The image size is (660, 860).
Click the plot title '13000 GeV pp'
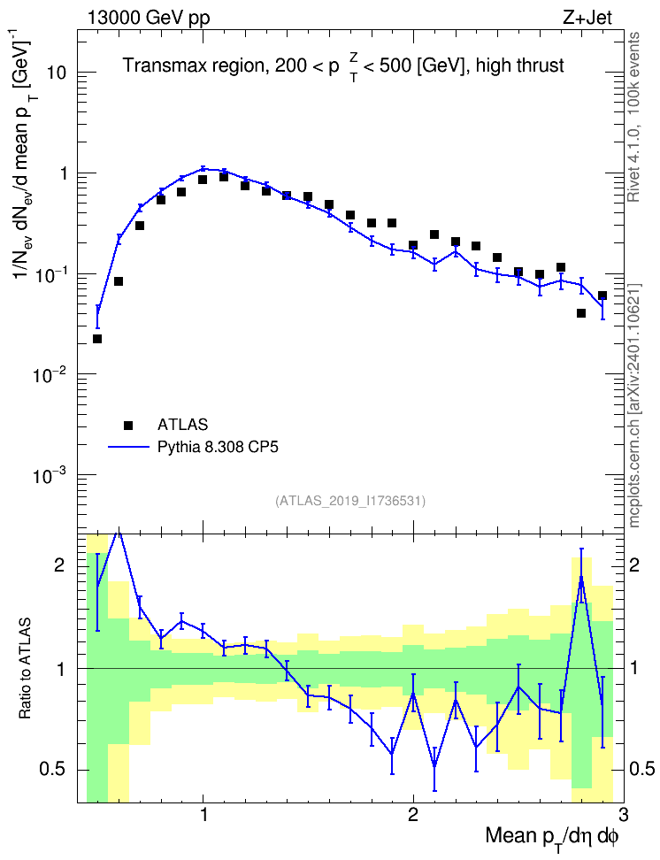click(148, 18)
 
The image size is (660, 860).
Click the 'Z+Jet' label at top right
click(587, 18)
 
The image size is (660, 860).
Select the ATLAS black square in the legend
click(128, 425)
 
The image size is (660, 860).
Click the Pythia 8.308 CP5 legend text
click(218, 447)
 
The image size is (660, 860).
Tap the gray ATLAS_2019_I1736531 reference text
click(350, 500)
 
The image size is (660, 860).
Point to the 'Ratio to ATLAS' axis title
click(25, 668)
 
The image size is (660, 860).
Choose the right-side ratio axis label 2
click(634, 565)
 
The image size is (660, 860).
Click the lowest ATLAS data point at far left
click(97, 339)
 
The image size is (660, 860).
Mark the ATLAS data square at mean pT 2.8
click(581, 313)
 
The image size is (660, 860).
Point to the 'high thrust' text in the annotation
click(520, 65)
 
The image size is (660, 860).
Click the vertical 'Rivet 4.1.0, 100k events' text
click(633, 117)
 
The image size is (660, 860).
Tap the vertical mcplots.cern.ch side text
click(634, 405)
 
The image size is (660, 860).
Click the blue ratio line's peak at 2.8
click(581, 577)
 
